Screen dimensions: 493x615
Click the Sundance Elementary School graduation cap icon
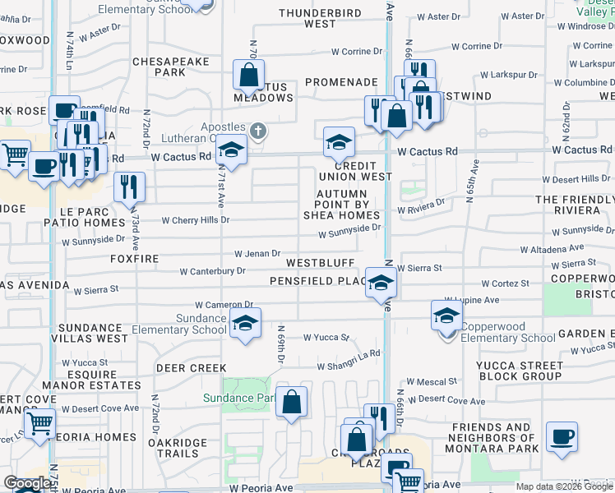pos(245,323)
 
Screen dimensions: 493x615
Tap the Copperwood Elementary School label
pos(507,338)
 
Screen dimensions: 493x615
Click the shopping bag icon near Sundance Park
pos(291,403)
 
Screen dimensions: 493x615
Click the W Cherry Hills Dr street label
pos(196,220)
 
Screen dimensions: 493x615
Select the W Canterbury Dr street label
pos(212,271)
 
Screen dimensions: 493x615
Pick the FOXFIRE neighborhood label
pos(133,257)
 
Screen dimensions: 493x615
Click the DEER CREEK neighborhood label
pos(192,368)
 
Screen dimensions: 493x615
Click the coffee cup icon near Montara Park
pos(562,438)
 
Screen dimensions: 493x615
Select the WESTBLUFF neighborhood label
pos(320,263)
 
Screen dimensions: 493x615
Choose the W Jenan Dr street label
pos(257,255)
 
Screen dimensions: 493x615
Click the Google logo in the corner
pos(27,484)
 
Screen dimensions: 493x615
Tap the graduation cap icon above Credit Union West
pos(338,144)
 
